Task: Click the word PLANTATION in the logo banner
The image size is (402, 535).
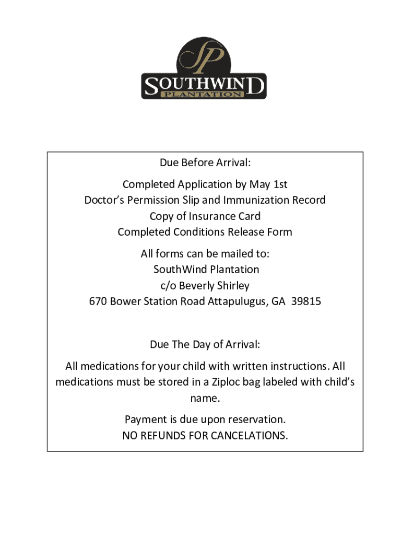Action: [x=204, y=94]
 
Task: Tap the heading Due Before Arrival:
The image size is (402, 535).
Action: [x=205, y=163]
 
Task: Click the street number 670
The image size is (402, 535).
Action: [x=98, y=301]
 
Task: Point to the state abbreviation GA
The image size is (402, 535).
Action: [x=278, y=301]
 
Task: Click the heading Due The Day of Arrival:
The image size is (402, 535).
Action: [x=205, y=345]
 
